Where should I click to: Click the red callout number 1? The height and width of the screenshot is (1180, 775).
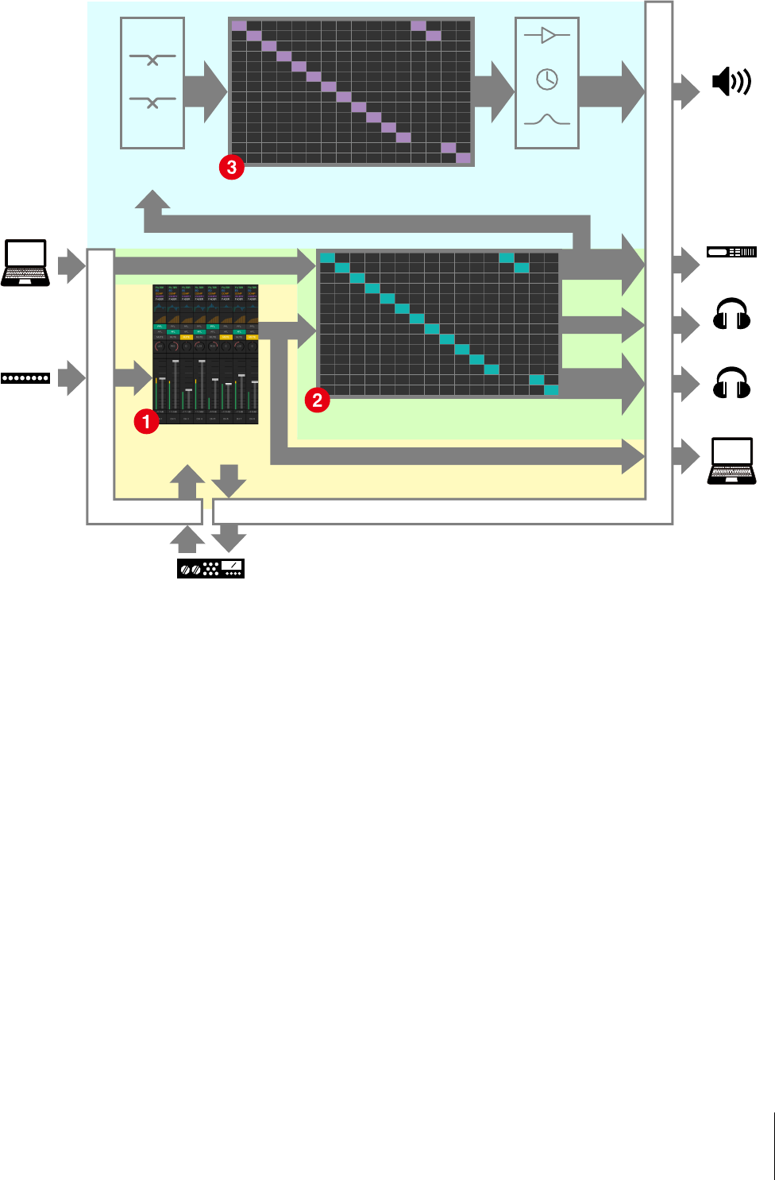(146, 421)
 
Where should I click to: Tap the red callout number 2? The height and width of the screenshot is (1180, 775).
(318, 400)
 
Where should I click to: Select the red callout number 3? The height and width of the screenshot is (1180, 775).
(232, 167)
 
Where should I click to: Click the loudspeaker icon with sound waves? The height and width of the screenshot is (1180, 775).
(731, 82)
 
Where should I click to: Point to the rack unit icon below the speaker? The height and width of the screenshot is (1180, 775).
(731, 252)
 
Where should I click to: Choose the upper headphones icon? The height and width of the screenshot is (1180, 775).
(731, 314)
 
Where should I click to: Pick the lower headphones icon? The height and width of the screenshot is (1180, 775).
(731, 383)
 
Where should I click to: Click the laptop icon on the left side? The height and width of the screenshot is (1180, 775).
(25, 263)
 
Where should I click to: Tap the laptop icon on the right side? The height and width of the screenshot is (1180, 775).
(731, 461)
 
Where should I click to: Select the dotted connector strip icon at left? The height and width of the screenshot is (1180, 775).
(25, 378)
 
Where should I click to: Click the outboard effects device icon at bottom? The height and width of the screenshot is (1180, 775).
(210, 568)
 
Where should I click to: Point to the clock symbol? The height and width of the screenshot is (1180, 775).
(547, 79)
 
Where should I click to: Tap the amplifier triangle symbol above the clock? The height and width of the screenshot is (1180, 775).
(547, 35)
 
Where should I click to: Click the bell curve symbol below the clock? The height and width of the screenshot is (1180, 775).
(547, 120)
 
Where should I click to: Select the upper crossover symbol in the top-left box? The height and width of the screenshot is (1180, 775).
(152, 59)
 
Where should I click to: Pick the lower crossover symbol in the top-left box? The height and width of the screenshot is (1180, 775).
(152, 103)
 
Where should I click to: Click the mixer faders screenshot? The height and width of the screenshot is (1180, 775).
(206, 354)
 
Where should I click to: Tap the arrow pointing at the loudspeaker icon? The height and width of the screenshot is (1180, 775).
(686, 90)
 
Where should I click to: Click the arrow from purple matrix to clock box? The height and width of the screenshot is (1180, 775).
(494, 91)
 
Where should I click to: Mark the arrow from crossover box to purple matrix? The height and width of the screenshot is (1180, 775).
(205, 91)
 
